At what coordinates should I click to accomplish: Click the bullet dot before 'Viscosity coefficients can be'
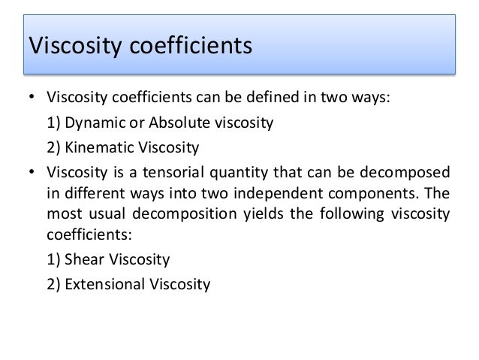(x=31, y=98)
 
